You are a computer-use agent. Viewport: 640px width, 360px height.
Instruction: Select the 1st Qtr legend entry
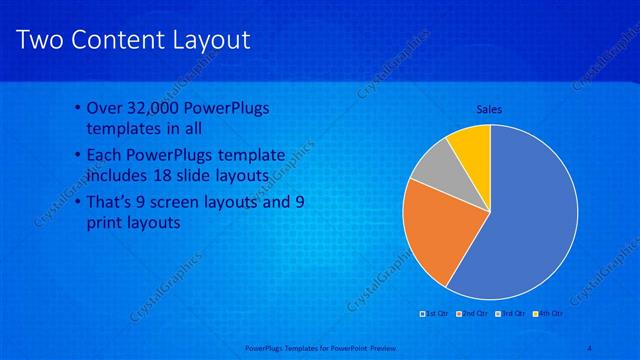click(x=436, y=314)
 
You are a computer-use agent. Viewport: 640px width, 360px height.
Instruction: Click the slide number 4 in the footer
click(x=591, y=346)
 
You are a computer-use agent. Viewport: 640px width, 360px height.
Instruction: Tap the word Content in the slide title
click(x=115, y=39)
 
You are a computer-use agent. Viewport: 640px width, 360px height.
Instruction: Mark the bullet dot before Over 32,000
click(x=79, y=109)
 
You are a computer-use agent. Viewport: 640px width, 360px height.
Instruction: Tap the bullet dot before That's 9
click(x=79, y=202)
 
